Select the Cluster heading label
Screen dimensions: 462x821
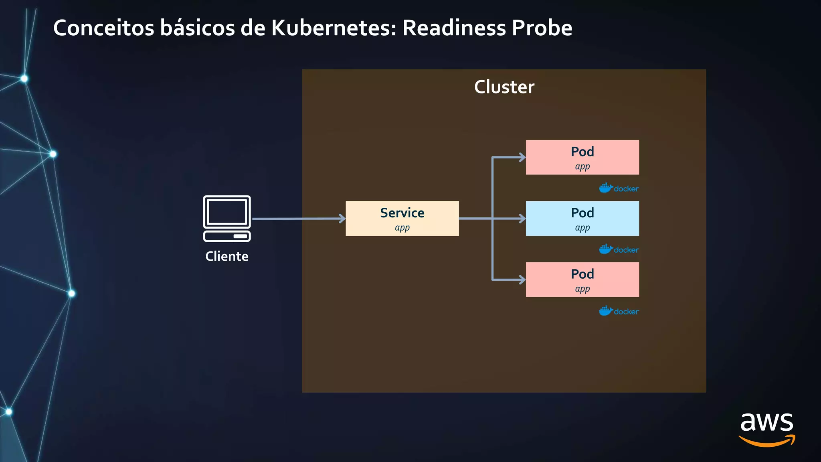(x=504, y=87)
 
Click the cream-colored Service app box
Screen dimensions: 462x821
(x=402, y=218)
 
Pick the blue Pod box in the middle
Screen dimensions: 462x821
(x=582, y=218)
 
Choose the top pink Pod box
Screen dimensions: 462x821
(x=582, y=157)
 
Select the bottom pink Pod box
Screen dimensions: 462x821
(x=582, y=280)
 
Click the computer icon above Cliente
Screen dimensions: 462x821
(x=227, y=218)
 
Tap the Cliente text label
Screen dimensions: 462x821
(x=227, y=256)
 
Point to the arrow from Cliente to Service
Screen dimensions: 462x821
(x=299, y=219)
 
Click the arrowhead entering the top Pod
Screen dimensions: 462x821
(x=522, y=157)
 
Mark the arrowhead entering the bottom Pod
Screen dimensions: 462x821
(x=522, y=280)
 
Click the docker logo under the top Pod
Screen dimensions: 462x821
(x=619, y=188)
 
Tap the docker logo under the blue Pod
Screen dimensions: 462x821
(x=619, y=249)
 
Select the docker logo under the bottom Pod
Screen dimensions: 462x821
(x=619, y=311)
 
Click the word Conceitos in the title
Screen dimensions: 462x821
(x=104, y=28)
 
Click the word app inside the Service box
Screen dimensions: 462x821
(x=402, y=228)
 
